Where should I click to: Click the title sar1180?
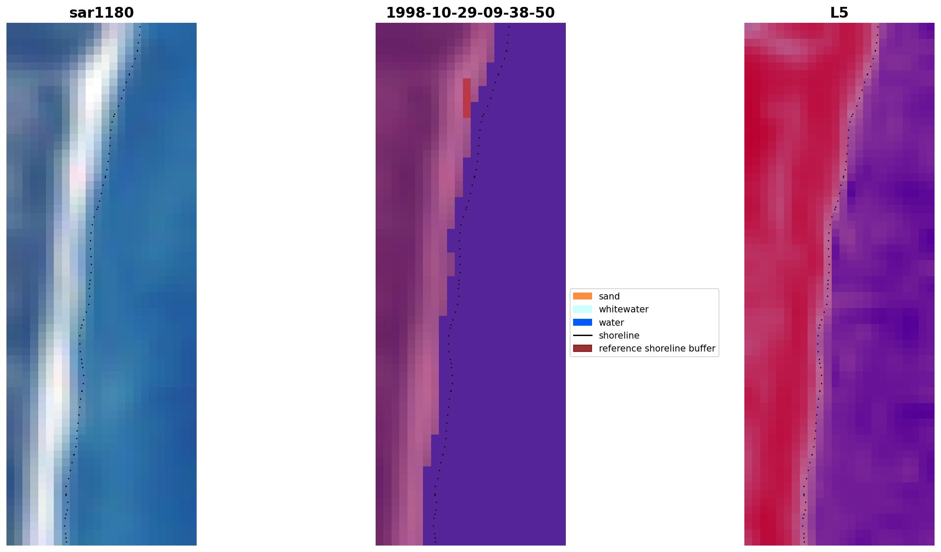(x=102, y=13)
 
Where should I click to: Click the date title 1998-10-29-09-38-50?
(x=470, y=13)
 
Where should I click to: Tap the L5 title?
(x=839, y=13)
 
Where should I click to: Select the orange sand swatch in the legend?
(x=582, y=296)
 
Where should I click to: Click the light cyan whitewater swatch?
(x=582, y=309)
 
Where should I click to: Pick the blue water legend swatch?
(x=582, y=322)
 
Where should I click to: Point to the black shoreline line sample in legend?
(x=582, y=335)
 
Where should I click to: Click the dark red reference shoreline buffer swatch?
(x=582, y=348)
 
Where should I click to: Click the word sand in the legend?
(x=609, y=296)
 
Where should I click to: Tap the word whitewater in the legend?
(x=623, y=309)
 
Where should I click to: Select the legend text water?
(x=611, y=323)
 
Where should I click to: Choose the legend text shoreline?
(x=619, y=336)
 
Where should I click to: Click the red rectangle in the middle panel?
(x=466, y=98)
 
